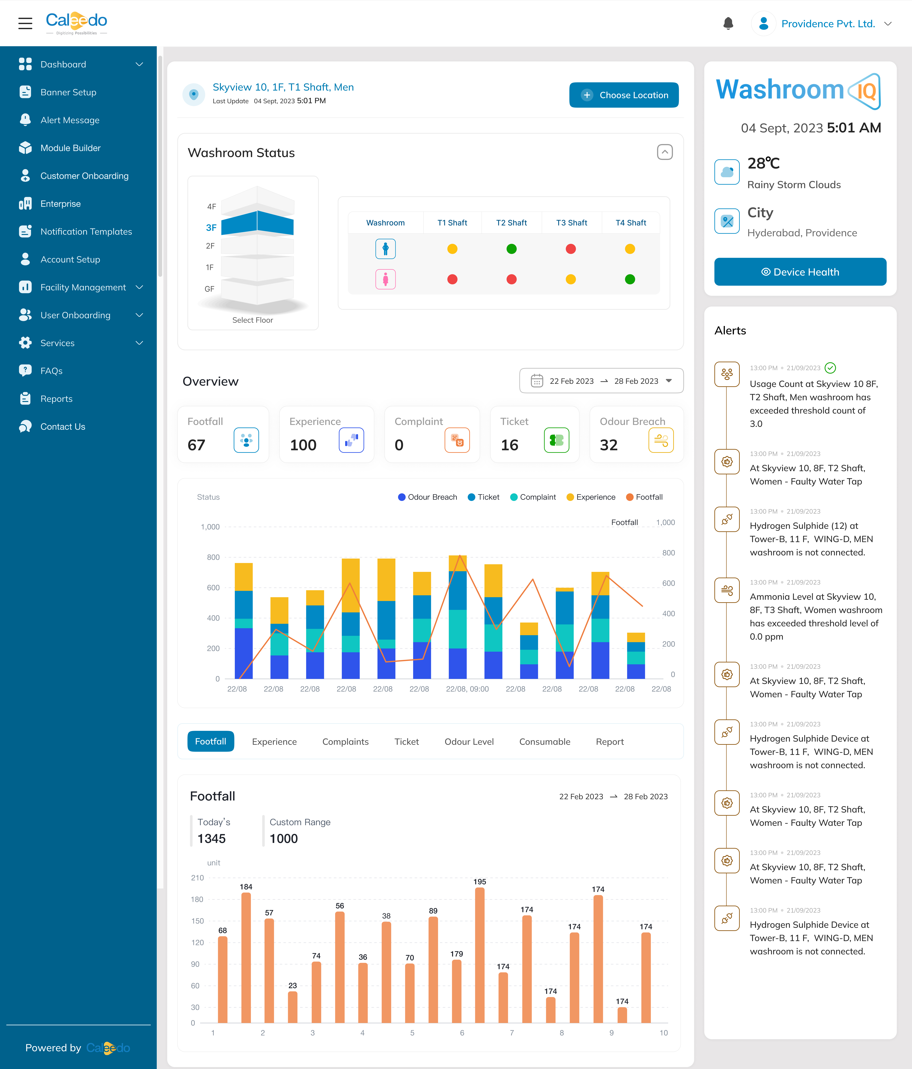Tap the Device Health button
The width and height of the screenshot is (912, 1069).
point(800,272)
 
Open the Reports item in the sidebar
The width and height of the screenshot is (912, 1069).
point(56,399)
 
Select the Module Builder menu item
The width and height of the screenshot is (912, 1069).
point(70,148)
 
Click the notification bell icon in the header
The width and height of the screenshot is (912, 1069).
point(728,24)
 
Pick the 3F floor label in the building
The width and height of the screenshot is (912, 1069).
point(211,228)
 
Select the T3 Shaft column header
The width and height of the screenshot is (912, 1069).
point(571,223)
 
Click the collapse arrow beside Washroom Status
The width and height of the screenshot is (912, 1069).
point(664,152)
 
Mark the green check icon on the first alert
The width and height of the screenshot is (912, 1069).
point(830,368)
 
